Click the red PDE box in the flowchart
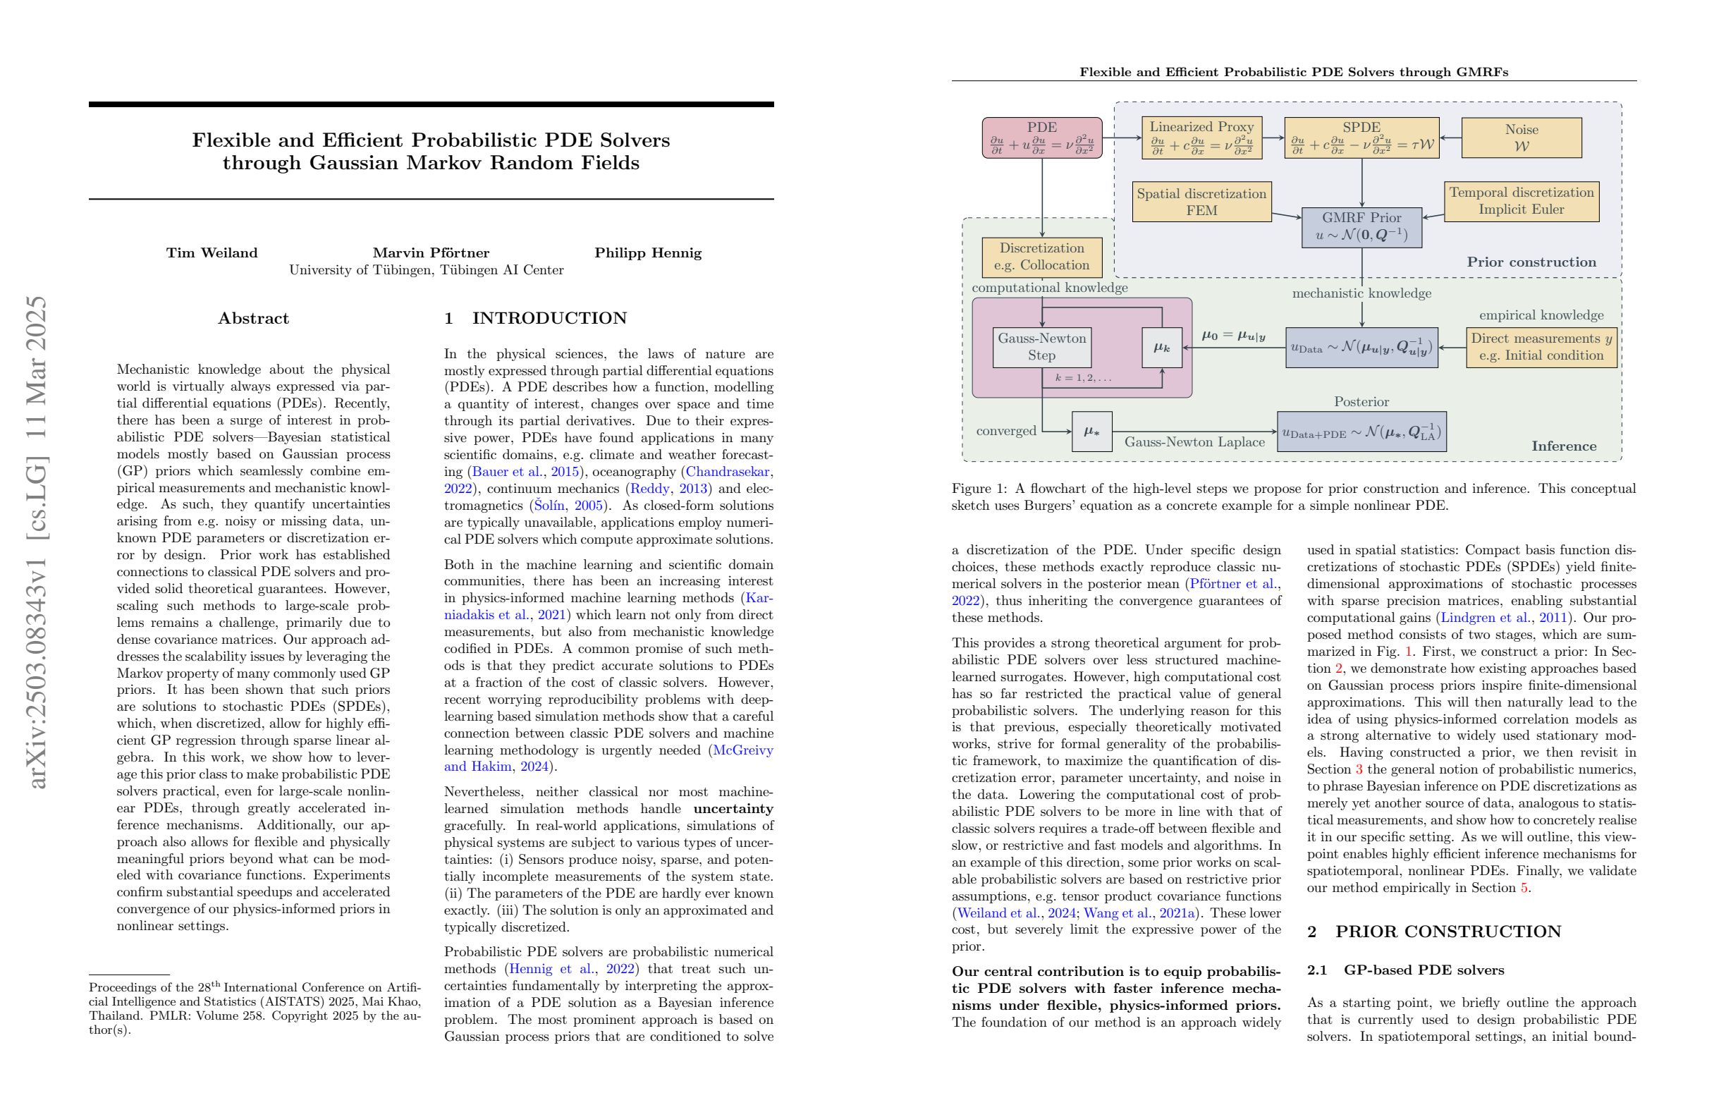pos(1041,138)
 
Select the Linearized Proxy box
pos(1201,138)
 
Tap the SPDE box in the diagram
pos(1361,138)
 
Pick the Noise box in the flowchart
pos(1521,138)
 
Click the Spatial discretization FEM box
pos(1201,202)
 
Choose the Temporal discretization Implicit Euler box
pos(1521,201)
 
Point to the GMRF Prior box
pos(1361,227)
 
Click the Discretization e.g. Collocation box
pos(1041,257)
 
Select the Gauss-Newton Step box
pos(1041,347)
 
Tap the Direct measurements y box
pos(1541,347)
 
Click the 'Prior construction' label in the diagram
pos(1531,262)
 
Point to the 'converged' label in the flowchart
pos(1006,431)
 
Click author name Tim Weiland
pos(212,253)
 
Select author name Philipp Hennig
pos(648,253)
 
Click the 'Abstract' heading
pos(253,319)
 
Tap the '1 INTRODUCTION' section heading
pos(535,319)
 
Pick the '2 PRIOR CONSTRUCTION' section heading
pos(1433,932)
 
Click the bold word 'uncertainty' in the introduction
pos(733,809)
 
